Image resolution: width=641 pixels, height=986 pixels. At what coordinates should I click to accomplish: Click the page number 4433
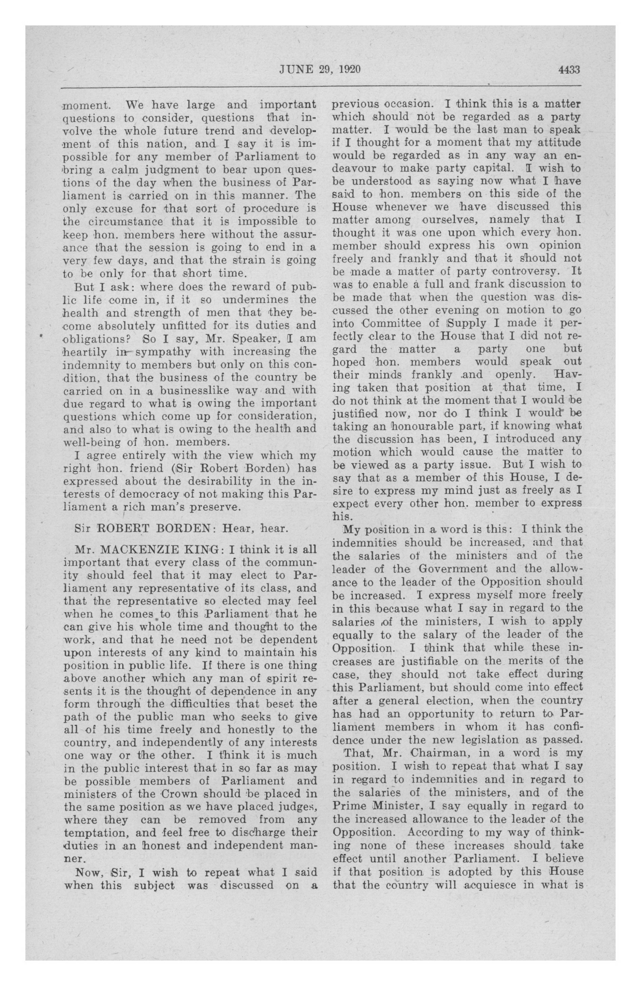(569, 70)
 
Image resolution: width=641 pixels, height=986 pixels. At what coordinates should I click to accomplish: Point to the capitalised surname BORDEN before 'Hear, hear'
(186, 529)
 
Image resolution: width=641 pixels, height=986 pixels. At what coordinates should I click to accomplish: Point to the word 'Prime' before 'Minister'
(349, 806)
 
